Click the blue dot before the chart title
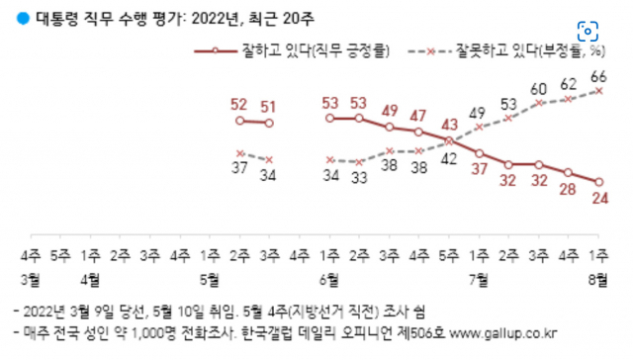(x=23, y=19)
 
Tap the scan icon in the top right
(x=588, y=31)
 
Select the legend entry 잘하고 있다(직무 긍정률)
(x=292, y=51)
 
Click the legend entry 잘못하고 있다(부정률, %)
(x=507, y=51)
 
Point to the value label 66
(x=598, y=77)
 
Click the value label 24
(x=600, y=198)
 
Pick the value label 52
(x=238, y=105)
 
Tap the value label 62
(x=569, y=84)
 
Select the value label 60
(x=538, y=89)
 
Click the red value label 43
(x=449, y=125)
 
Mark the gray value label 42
(x=448, y=158)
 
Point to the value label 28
(x=568, y=189)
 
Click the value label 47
(x=417, y=116)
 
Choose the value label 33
(x=359, y=177)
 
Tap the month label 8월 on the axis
(x=597, y=279)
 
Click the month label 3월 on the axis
(x=31, y=279)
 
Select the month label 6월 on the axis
(x=329, y=279)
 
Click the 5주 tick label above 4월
(x=60, y=255)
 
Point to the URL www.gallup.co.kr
(x=503, y=333)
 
